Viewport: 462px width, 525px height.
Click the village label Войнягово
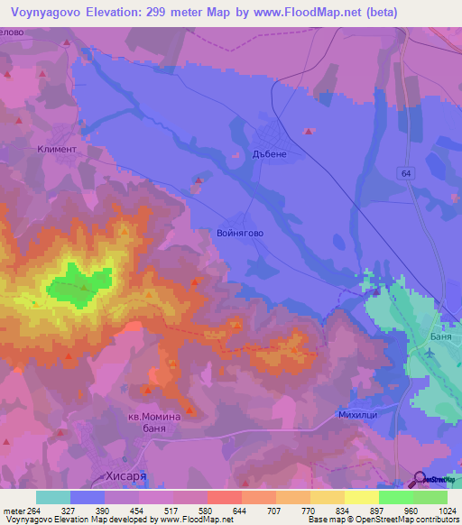tap(240, 233)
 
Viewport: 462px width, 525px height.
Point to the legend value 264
tap(32, 511)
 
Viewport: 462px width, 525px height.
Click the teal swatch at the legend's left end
tap(52, 497)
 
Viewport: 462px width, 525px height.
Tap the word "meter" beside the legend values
tap(12, 511)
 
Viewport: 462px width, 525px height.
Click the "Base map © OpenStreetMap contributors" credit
tap(382, 520)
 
